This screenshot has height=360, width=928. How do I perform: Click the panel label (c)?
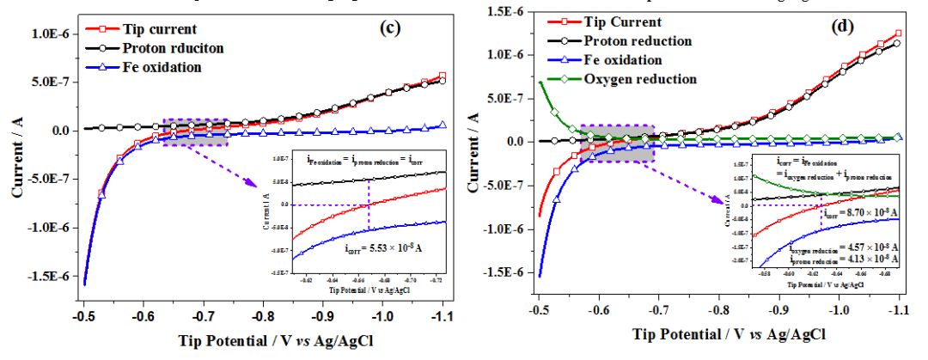(389, 27)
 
